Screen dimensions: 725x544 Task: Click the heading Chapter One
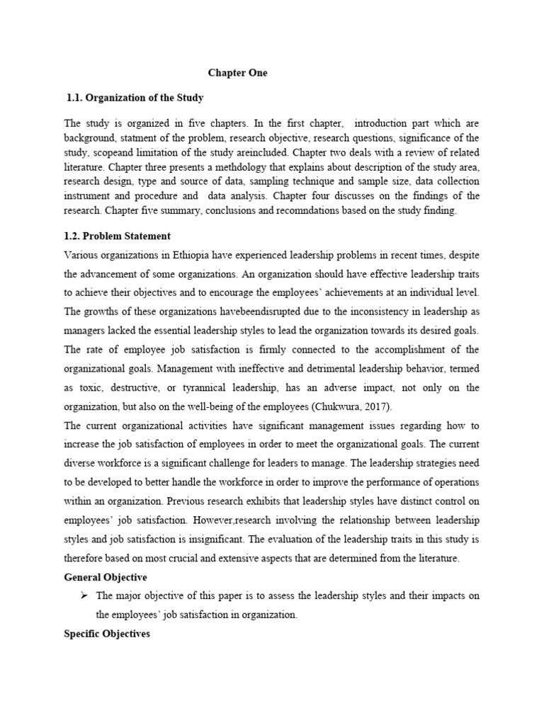[237, 73]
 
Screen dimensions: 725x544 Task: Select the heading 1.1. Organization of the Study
[135, 98]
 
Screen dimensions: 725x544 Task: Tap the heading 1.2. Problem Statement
[117, 236]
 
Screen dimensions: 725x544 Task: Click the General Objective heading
[106, 578]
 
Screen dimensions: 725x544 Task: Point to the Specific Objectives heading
[107, 634]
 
